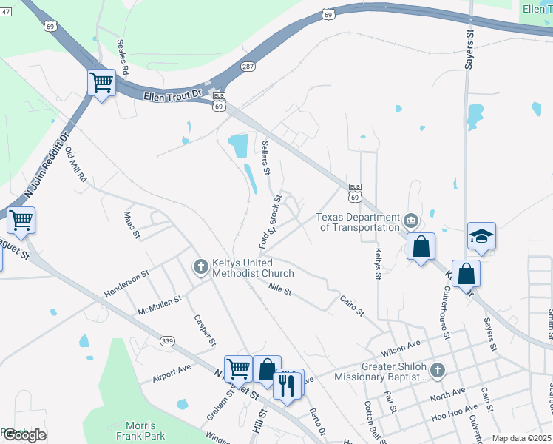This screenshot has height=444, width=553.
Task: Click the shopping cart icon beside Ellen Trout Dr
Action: (101, 82)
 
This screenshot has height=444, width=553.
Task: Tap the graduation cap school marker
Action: (481, 237)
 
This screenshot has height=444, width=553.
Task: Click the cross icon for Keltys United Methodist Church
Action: (200, 266)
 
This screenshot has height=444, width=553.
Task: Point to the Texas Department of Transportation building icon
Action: (410, 221)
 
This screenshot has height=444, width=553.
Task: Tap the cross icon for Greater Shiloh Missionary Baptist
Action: (437, 370)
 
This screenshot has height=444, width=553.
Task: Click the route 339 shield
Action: (166, 340)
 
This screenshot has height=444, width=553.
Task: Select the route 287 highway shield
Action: (248, 67)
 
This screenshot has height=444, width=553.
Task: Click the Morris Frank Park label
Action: (140, 430)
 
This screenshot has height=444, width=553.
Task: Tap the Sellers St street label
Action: (265, 157)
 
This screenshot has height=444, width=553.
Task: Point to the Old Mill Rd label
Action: (77, 165)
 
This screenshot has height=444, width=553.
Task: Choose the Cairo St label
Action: (352, 306)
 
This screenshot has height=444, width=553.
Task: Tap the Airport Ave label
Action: (171, 372)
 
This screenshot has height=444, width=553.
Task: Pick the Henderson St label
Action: (126, 283)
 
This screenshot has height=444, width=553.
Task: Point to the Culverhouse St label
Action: (440, 309)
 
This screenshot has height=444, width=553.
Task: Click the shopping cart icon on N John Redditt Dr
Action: (21, 220)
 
